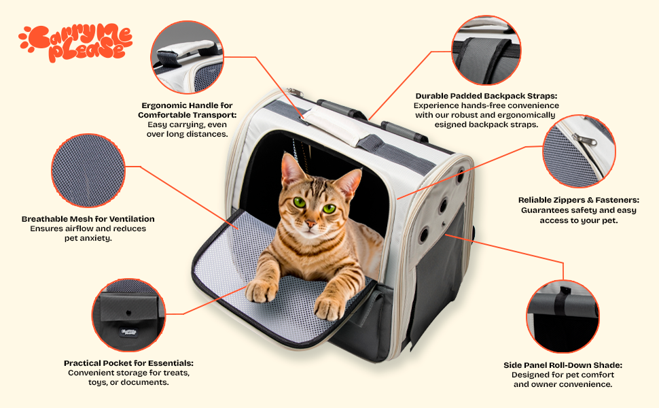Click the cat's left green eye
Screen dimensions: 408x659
pos(329,208)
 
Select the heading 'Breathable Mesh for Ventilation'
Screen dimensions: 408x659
pos(88,219)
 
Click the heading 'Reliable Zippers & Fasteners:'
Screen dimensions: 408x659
pos(578,200)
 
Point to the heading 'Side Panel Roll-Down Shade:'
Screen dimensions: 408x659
pos(563,365)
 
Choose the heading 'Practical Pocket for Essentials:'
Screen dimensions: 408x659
pos(128,363)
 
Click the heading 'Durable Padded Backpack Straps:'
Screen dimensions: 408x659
pos(486,96)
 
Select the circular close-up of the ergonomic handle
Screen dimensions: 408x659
pos(186,57)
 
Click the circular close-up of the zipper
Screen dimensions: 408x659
pos(579,151)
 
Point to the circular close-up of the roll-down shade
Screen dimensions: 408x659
pos(563,316)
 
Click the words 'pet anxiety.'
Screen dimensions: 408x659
pos(88,238)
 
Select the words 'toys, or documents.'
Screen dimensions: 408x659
pos(128,382)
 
